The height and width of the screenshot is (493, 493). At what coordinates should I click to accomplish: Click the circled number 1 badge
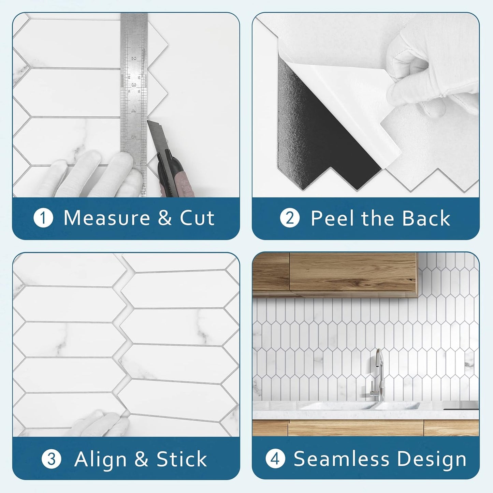coord(43,218)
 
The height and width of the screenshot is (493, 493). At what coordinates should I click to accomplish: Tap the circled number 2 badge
coord(290,218)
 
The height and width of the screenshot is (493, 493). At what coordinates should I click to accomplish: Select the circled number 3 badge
coord(51,459)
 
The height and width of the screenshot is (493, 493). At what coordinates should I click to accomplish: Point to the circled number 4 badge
coord(275,459)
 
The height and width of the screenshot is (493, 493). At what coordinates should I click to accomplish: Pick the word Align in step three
coord(100,459)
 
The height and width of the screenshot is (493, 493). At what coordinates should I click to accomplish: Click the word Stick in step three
coord(182,459)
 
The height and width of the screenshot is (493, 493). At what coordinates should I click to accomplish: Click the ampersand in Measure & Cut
coord(165,218)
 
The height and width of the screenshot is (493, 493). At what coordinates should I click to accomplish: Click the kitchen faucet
coord(379,375)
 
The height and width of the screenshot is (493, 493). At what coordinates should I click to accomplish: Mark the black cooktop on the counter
coord(461,405)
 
